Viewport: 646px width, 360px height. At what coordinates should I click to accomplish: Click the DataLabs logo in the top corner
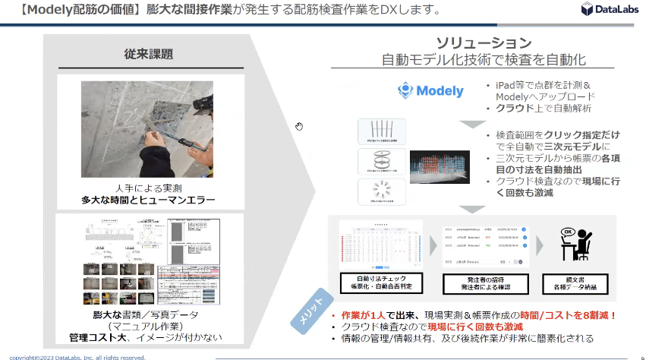click(x=608, y=9)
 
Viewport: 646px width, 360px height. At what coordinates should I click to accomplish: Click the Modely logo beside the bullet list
click(x=430, y=91)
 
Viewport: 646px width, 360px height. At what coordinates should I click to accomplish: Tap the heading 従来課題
click(x=149, y=54)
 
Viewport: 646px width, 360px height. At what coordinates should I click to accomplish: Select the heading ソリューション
click(x=484, y=43)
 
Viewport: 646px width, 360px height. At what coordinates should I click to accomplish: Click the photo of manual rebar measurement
click(x=149, y=130)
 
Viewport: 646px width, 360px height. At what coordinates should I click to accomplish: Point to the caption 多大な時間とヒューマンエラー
click(x=149, y=201)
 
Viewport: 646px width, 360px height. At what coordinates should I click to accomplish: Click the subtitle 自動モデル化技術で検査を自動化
click(x=484, y=59)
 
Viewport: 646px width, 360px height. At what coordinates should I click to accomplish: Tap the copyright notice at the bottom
click(x=73, y=356)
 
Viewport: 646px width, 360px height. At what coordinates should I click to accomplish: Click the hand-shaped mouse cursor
click(x=299, y=126)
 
